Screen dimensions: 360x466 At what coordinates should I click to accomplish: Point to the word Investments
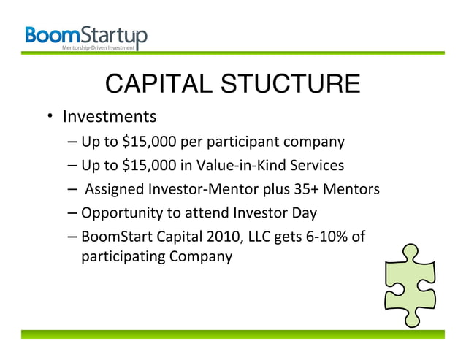[110, 117]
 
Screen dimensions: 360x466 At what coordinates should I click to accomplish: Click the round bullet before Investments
[52, 118]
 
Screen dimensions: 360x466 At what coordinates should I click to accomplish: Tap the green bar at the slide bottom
[232, 334]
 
